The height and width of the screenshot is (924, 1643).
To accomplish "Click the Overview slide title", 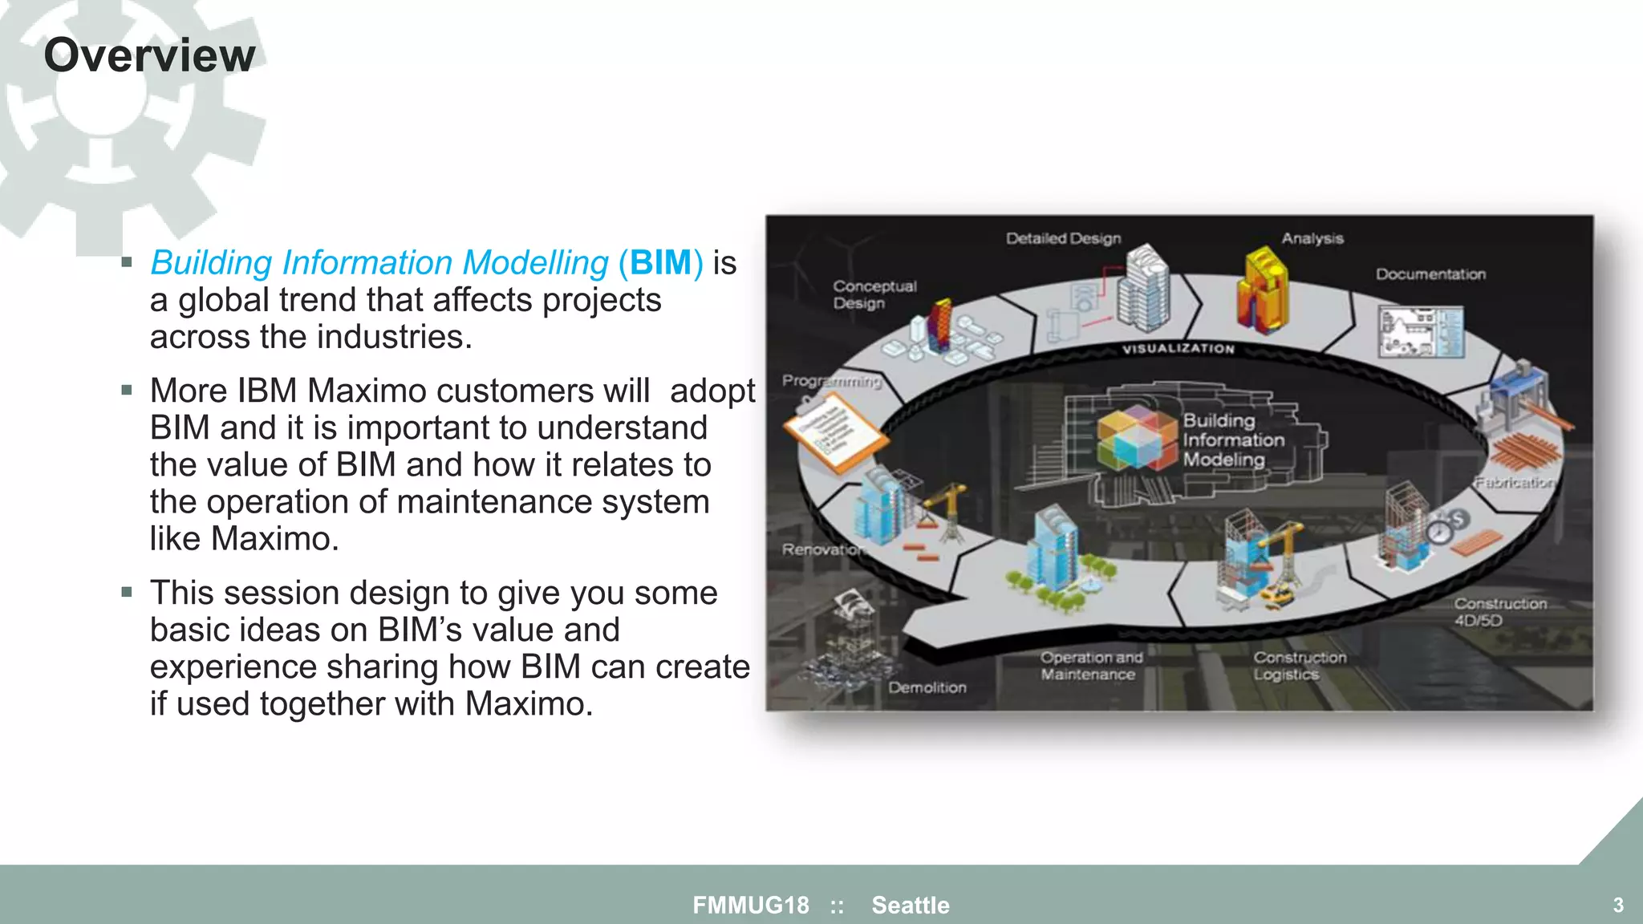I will (x=149, y=55).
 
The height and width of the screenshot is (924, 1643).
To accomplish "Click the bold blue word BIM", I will (x=660, y=263).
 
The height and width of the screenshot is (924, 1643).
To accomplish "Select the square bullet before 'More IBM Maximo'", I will (x=127, y=391).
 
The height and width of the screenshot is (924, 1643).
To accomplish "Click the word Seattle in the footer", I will (x=910, y=905).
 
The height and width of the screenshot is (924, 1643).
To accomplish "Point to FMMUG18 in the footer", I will (x=751, y=905).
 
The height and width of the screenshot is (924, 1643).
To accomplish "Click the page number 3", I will (x=1617, y=905).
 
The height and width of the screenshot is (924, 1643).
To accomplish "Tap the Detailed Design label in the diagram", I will (x=1063, y=238).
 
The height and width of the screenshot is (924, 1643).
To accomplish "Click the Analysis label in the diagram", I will (x=1312, y=238).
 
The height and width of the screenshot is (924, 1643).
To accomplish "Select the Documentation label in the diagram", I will (x=1430, y=274).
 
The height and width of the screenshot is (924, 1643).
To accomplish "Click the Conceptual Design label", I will (x=873, y=294).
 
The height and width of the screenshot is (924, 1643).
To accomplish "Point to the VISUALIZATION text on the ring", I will (x=1178, y=348).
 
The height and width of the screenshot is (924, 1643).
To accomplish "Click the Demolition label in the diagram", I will (x=927, y=687).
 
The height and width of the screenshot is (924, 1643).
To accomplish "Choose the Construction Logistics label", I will (x=1299, y=666).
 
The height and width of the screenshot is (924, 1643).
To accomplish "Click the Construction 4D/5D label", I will (x=1499, y=611).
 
